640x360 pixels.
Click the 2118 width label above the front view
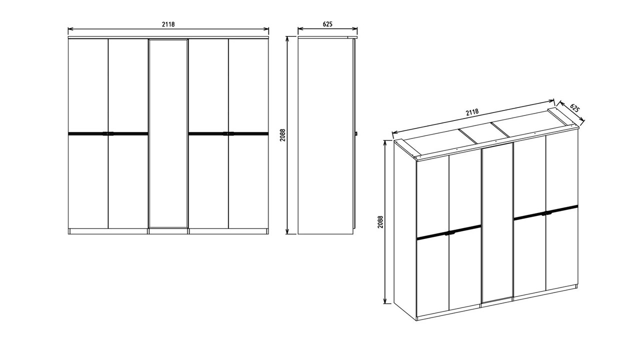click(168, 24)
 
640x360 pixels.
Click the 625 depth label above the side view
click(327, 24)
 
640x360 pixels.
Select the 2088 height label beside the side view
click(282, 135)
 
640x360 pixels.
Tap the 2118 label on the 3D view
click(472, 111)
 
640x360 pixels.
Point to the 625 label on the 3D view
click(575, 108)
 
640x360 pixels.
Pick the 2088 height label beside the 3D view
click(380, 221)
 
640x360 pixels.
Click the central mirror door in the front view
click(168, 133)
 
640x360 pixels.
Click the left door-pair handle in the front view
click(108, 133)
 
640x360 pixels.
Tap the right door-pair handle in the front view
click(228, 133)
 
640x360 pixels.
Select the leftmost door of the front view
click(88, 133)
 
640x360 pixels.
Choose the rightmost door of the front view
click(248, 133)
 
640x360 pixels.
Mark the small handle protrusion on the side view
click(356, 133)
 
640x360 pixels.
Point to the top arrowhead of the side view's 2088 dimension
click(287, 39)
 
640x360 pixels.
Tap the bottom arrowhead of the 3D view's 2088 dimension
click(385, 300)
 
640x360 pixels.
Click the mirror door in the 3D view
click(497, 225)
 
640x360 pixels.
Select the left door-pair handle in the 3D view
click(449, 233)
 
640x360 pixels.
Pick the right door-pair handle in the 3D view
click(545, 213)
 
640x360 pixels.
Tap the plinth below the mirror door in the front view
click(168, 231)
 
